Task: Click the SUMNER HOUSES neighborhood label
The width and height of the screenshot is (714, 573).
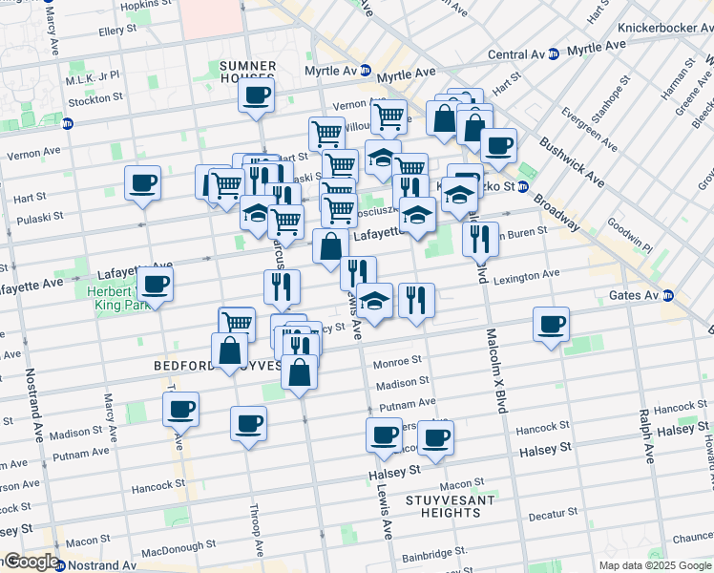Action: point(248,73)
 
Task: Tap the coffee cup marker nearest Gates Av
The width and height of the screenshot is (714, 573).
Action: point(551,325)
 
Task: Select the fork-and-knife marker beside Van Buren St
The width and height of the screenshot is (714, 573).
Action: point(480,238)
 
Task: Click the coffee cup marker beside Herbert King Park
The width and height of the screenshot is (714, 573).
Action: point(157,283)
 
